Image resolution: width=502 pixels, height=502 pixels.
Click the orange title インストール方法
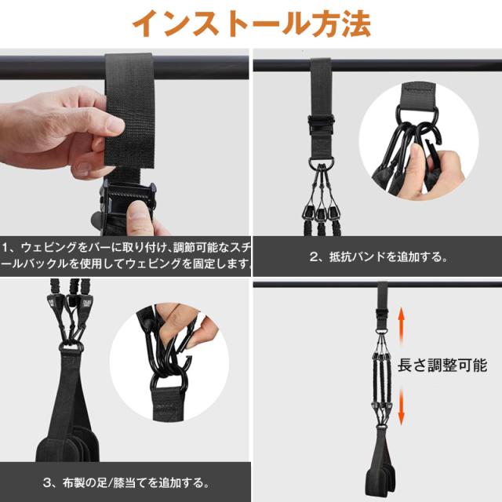tap(252, 24)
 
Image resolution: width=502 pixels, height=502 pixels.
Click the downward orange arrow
tap(401, 406)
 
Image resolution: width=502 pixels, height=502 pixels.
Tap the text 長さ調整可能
tap(442, 366)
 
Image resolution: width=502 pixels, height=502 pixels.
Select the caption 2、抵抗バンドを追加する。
tap(378, 257)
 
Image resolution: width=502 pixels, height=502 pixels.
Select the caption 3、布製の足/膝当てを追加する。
tap(126, 483)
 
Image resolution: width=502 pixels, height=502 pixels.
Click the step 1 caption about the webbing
tap(125, 256)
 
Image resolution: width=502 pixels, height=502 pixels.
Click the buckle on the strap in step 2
tap(321, 124)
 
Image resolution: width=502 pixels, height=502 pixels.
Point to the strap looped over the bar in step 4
tap(383, 295)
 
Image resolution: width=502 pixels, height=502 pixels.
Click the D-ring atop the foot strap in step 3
tap(71, 347)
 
